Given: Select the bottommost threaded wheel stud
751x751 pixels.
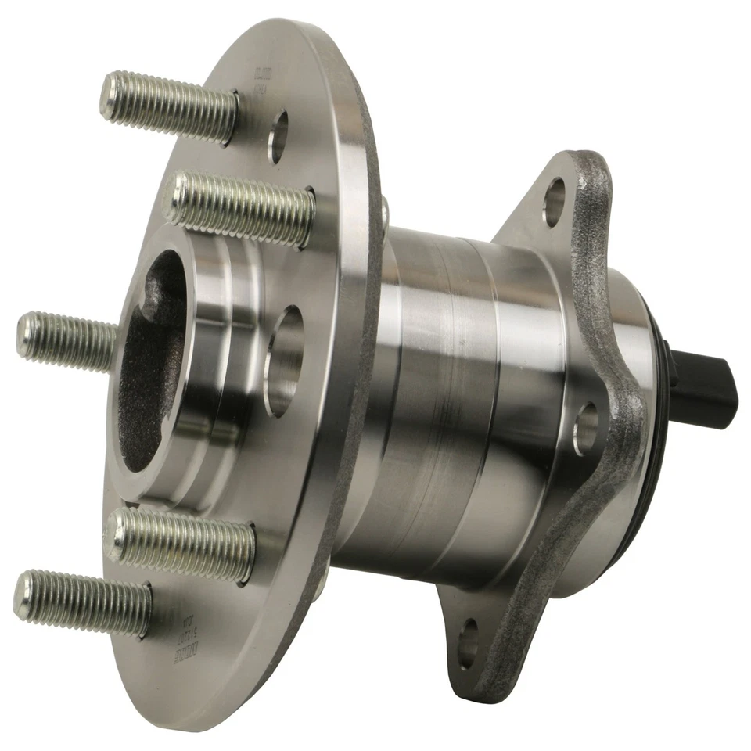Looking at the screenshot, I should [82, 602].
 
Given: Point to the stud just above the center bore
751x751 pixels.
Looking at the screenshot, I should [243, 208].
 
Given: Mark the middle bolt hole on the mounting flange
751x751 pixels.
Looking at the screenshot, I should [586, 427].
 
